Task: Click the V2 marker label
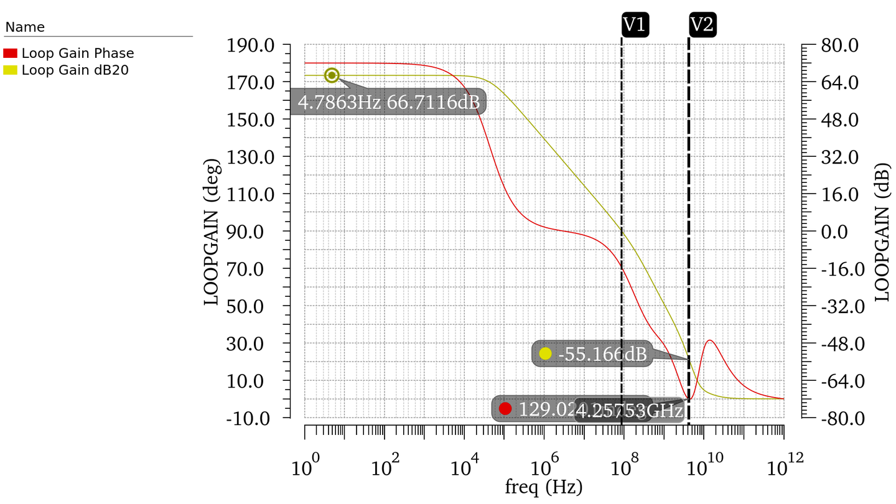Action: (x=702, y=25)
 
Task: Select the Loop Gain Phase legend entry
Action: (x=78, y=54)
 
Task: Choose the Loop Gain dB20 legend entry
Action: (x=75, y=70)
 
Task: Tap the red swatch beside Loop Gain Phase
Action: (x=11, y=54)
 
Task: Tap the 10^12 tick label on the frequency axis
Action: (x=783, y=465)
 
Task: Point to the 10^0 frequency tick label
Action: (x=305, y=465)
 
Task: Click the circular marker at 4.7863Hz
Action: (x=332, y=75)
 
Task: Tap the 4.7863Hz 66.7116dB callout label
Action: (x=388, y=103)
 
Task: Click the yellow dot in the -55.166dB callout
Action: (x=546, y=353)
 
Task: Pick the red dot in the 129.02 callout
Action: (x=505, y=409)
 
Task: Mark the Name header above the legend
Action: (x=25, y=27)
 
